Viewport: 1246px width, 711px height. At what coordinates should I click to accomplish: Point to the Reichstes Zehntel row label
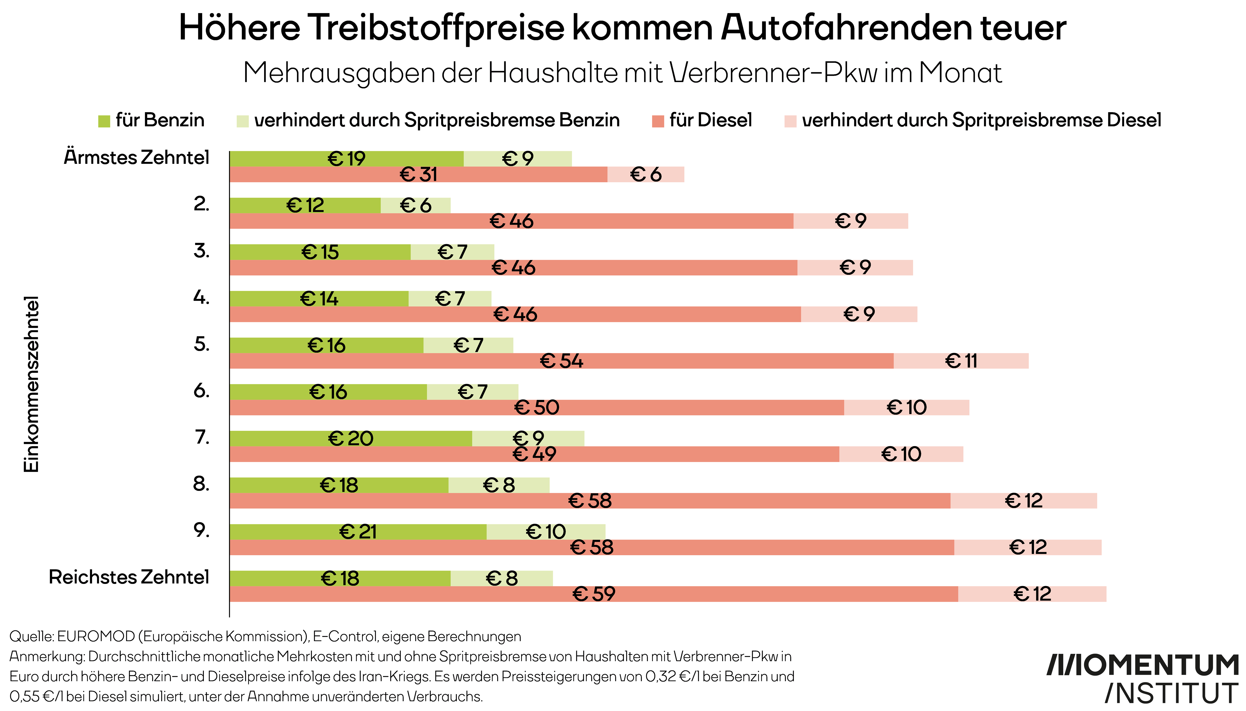point(129,577)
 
